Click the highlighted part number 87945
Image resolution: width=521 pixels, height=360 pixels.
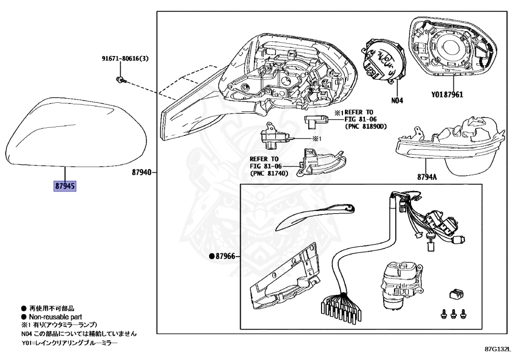(65, 186)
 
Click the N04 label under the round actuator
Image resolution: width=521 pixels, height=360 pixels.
(397, 101)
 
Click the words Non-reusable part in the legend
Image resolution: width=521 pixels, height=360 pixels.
(53, 316)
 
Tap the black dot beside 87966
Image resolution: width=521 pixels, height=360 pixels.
(212, 257)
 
